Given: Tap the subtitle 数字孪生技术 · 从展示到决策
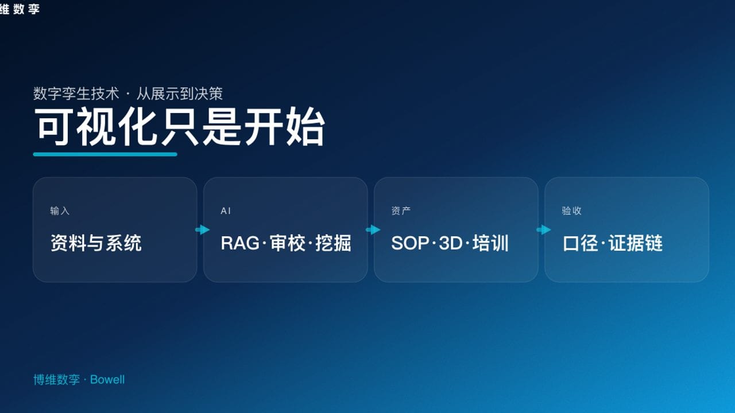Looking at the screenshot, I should [127, 93].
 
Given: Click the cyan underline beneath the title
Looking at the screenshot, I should [105, 154].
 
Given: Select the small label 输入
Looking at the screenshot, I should [60, 211].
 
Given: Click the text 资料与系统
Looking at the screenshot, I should [96, 243].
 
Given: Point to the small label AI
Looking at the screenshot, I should [226, 211].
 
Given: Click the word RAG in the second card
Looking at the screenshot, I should [240, 243].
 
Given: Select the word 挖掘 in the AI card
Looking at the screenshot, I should [333, 243].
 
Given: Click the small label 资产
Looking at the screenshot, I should [401, 211].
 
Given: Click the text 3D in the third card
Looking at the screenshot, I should [451, 243].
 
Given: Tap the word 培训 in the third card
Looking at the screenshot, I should [491, 243].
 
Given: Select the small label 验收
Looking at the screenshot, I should [571, 211].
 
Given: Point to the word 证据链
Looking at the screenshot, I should [636, 243].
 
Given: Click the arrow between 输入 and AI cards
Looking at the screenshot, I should [202, 229].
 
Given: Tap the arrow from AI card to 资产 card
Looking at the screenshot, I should [373, 229].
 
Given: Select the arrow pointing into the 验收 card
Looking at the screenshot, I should [543, 229].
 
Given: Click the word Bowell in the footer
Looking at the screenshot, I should [107, 380].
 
